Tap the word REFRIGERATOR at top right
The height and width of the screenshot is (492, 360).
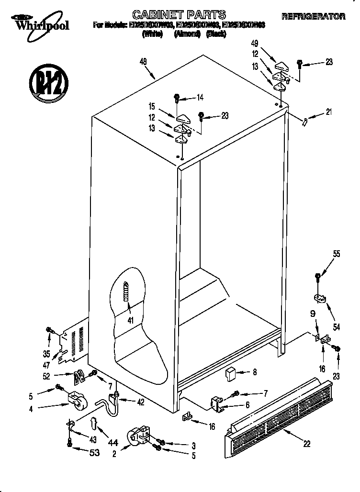click(x=314, y=16)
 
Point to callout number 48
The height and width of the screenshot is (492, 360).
click(x=143, y=61)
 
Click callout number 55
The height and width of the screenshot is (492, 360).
click(x=337, y=254)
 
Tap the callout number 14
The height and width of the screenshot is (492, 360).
click(x=200, y=98)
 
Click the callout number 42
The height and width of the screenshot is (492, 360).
click(x=140, y=403)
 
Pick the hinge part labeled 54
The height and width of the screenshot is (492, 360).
click(x=319, y=300)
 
